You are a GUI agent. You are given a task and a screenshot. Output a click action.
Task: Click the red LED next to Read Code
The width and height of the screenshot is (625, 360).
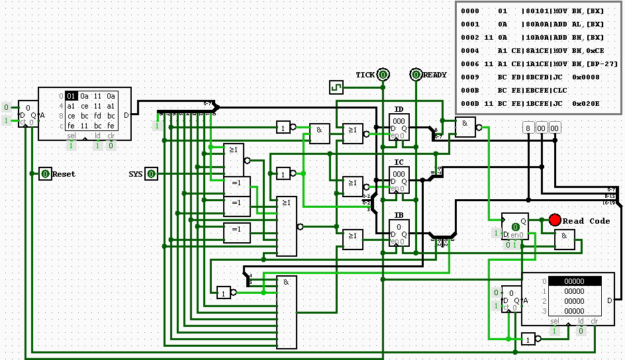555,220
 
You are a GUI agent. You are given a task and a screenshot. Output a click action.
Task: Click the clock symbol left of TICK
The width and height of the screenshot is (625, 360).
336,87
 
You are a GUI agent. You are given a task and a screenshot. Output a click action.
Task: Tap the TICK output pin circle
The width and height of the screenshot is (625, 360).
383,75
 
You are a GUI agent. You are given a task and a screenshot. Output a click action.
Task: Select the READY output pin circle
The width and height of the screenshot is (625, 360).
416,75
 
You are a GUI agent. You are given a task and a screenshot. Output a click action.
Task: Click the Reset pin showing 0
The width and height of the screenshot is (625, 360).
45,174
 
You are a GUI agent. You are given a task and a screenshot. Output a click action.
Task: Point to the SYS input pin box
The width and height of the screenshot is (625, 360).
151,174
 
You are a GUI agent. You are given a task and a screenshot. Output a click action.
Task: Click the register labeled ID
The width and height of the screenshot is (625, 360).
399,126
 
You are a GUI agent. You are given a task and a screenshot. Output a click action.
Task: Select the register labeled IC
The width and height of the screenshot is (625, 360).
399,179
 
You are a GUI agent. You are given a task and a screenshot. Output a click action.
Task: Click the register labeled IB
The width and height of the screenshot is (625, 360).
399,232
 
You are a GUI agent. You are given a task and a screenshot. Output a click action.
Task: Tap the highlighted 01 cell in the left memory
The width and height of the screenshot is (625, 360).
71,96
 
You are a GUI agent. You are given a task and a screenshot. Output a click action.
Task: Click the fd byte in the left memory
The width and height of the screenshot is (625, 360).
98,116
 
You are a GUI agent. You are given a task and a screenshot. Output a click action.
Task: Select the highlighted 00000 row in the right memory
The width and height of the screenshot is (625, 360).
574,281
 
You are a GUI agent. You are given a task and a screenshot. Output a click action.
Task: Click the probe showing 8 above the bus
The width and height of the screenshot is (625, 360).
528,128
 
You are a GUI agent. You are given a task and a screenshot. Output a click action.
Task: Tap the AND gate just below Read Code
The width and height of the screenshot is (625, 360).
564,240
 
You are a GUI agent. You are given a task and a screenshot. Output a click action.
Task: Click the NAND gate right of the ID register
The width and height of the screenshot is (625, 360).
465,127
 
